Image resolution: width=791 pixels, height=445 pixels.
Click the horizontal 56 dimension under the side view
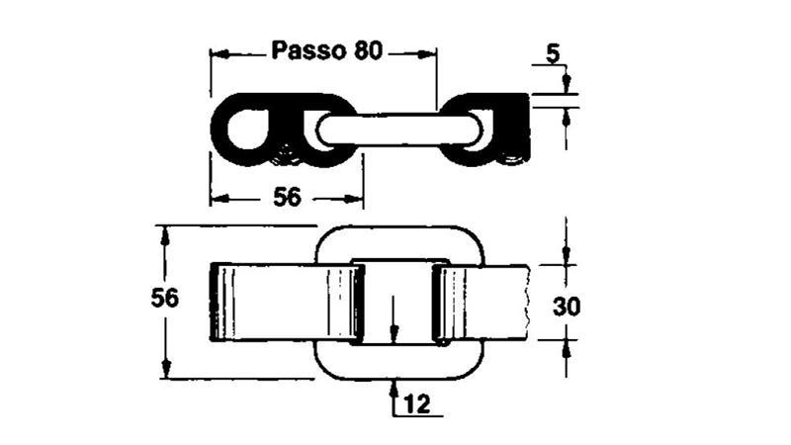tap(287, 197)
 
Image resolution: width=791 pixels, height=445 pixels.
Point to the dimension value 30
tap(566, 306)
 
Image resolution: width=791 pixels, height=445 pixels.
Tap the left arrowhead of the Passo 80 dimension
tap(218, 52)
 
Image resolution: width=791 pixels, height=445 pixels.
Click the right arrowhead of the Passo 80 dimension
tap(428, 52)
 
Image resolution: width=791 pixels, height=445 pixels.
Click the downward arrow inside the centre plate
tap(394, 331)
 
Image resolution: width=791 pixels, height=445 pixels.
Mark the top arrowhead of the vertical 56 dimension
tap(165, 233)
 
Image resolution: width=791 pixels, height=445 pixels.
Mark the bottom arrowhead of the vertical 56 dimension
tap(165, 370)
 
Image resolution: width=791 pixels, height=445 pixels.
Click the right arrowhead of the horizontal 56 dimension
tap(356, 199)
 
